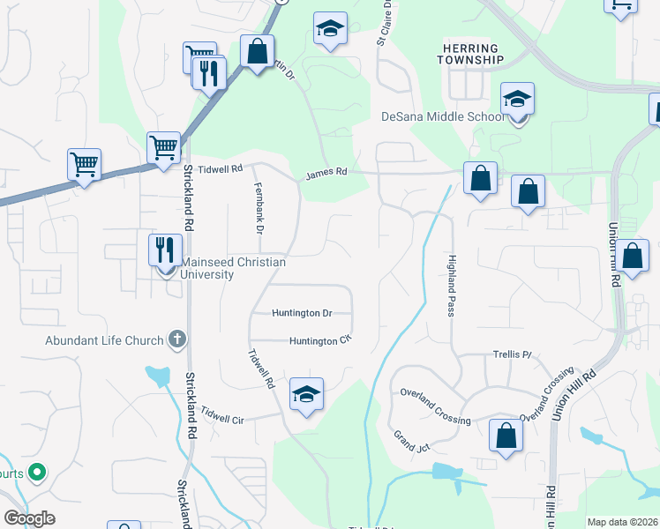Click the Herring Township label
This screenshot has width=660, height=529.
point(470,54)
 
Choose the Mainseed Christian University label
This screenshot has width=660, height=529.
point(208,268)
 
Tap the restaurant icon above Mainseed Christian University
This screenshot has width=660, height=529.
point(166,250)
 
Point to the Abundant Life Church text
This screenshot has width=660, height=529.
point(105,341)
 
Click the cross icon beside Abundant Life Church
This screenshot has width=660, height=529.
point(176,339)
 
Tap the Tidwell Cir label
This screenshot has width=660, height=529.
point(221,414)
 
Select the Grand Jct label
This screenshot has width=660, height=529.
point(411,442)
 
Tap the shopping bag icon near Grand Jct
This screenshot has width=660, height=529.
point(506,436)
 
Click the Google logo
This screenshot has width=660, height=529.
point(29,518)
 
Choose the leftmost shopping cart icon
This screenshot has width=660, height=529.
point(84,163)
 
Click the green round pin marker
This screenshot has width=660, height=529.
point(36,473)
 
